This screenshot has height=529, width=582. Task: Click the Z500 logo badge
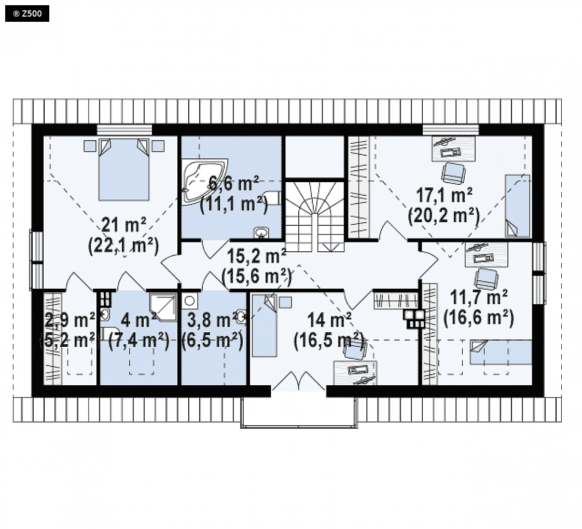pyautogui.click(x=27, y=14)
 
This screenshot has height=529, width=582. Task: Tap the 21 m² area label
pyautogui.click(x=123, y=225)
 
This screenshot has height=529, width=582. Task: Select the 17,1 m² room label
pyautogui.click(x=444, y=195)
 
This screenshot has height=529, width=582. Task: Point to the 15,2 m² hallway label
pyautogui.click(x=256, y=256)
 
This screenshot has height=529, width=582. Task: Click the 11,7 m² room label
pyautogui.click(x=479, y=297)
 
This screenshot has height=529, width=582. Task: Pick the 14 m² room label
pyautogui.click(x=329, y=320)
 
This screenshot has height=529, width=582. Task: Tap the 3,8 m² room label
pyautogui.click(x=212, y=320)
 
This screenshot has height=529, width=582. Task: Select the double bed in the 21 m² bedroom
pyautogui.click(x=124, y=170)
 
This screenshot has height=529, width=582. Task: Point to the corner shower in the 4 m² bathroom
pyautogui.click(x=163, y=307)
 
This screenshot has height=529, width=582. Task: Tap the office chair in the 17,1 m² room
pyautogui.click(x=453, y=173)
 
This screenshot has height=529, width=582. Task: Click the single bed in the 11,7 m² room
pyautogui.click(x=501, y=352)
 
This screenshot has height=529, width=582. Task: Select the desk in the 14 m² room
pyautogui.click(x=355, y=373)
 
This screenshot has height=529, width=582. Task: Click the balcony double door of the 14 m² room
pyautogui.click(x=299, y=381)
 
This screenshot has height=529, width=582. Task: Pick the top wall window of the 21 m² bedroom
pyautogui.click(x=124, y=130)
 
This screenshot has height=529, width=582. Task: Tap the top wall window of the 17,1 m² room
pyautogui.click(x=451, y=130)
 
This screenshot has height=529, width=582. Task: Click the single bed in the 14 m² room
pyautogui.click(x=264, y=325)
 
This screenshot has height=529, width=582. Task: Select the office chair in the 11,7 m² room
pyautogui.click(x=487, y=279)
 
